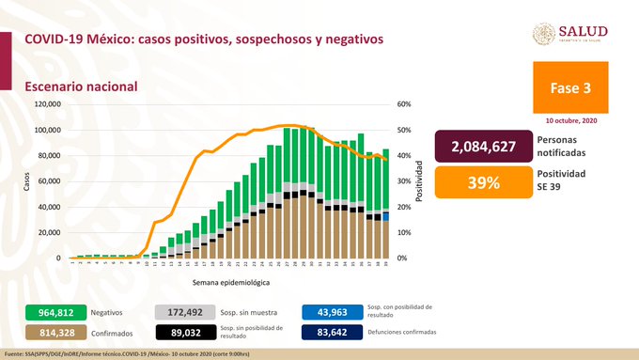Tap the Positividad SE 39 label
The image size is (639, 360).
(560, 180)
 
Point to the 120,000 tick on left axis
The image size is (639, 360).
(47, 104)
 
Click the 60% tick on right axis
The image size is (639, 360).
(405, 104)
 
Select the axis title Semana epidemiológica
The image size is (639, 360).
(231, 281)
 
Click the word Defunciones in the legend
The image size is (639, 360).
(384, 332)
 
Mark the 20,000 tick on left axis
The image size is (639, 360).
(49, 232)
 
